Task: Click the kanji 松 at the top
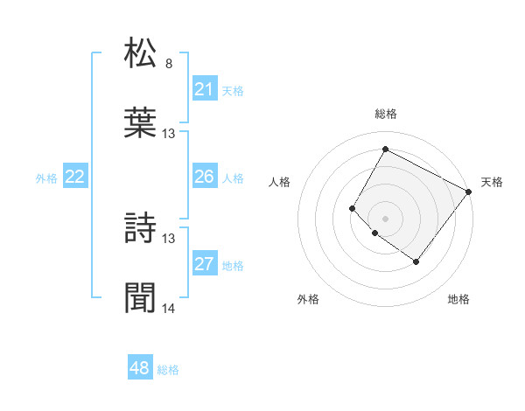coord(141,52)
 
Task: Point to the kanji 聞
coord(141,297)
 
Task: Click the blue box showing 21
coord(205,89)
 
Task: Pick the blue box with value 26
coord(205,178)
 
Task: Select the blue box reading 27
coord(205,264)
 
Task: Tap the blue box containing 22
coord(75,178)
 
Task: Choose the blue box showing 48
coord(140,368)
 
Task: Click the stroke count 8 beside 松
coord(169,64)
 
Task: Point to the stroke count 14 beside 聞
coord(169,309)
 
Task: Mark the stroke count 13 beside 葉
coord(169,134)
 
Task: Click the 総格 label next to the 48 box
coord(168,370)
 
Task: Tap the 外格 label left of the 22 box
coord(46,178)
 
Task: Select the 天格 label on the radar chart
coord(492,182)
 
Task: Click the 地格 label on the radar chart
coord(458,300)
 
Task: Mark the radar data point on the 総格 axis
coord(385,149)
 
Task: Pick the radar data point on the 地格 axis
coord(416,261)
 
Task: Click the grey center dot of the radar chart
coord(385,218)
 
